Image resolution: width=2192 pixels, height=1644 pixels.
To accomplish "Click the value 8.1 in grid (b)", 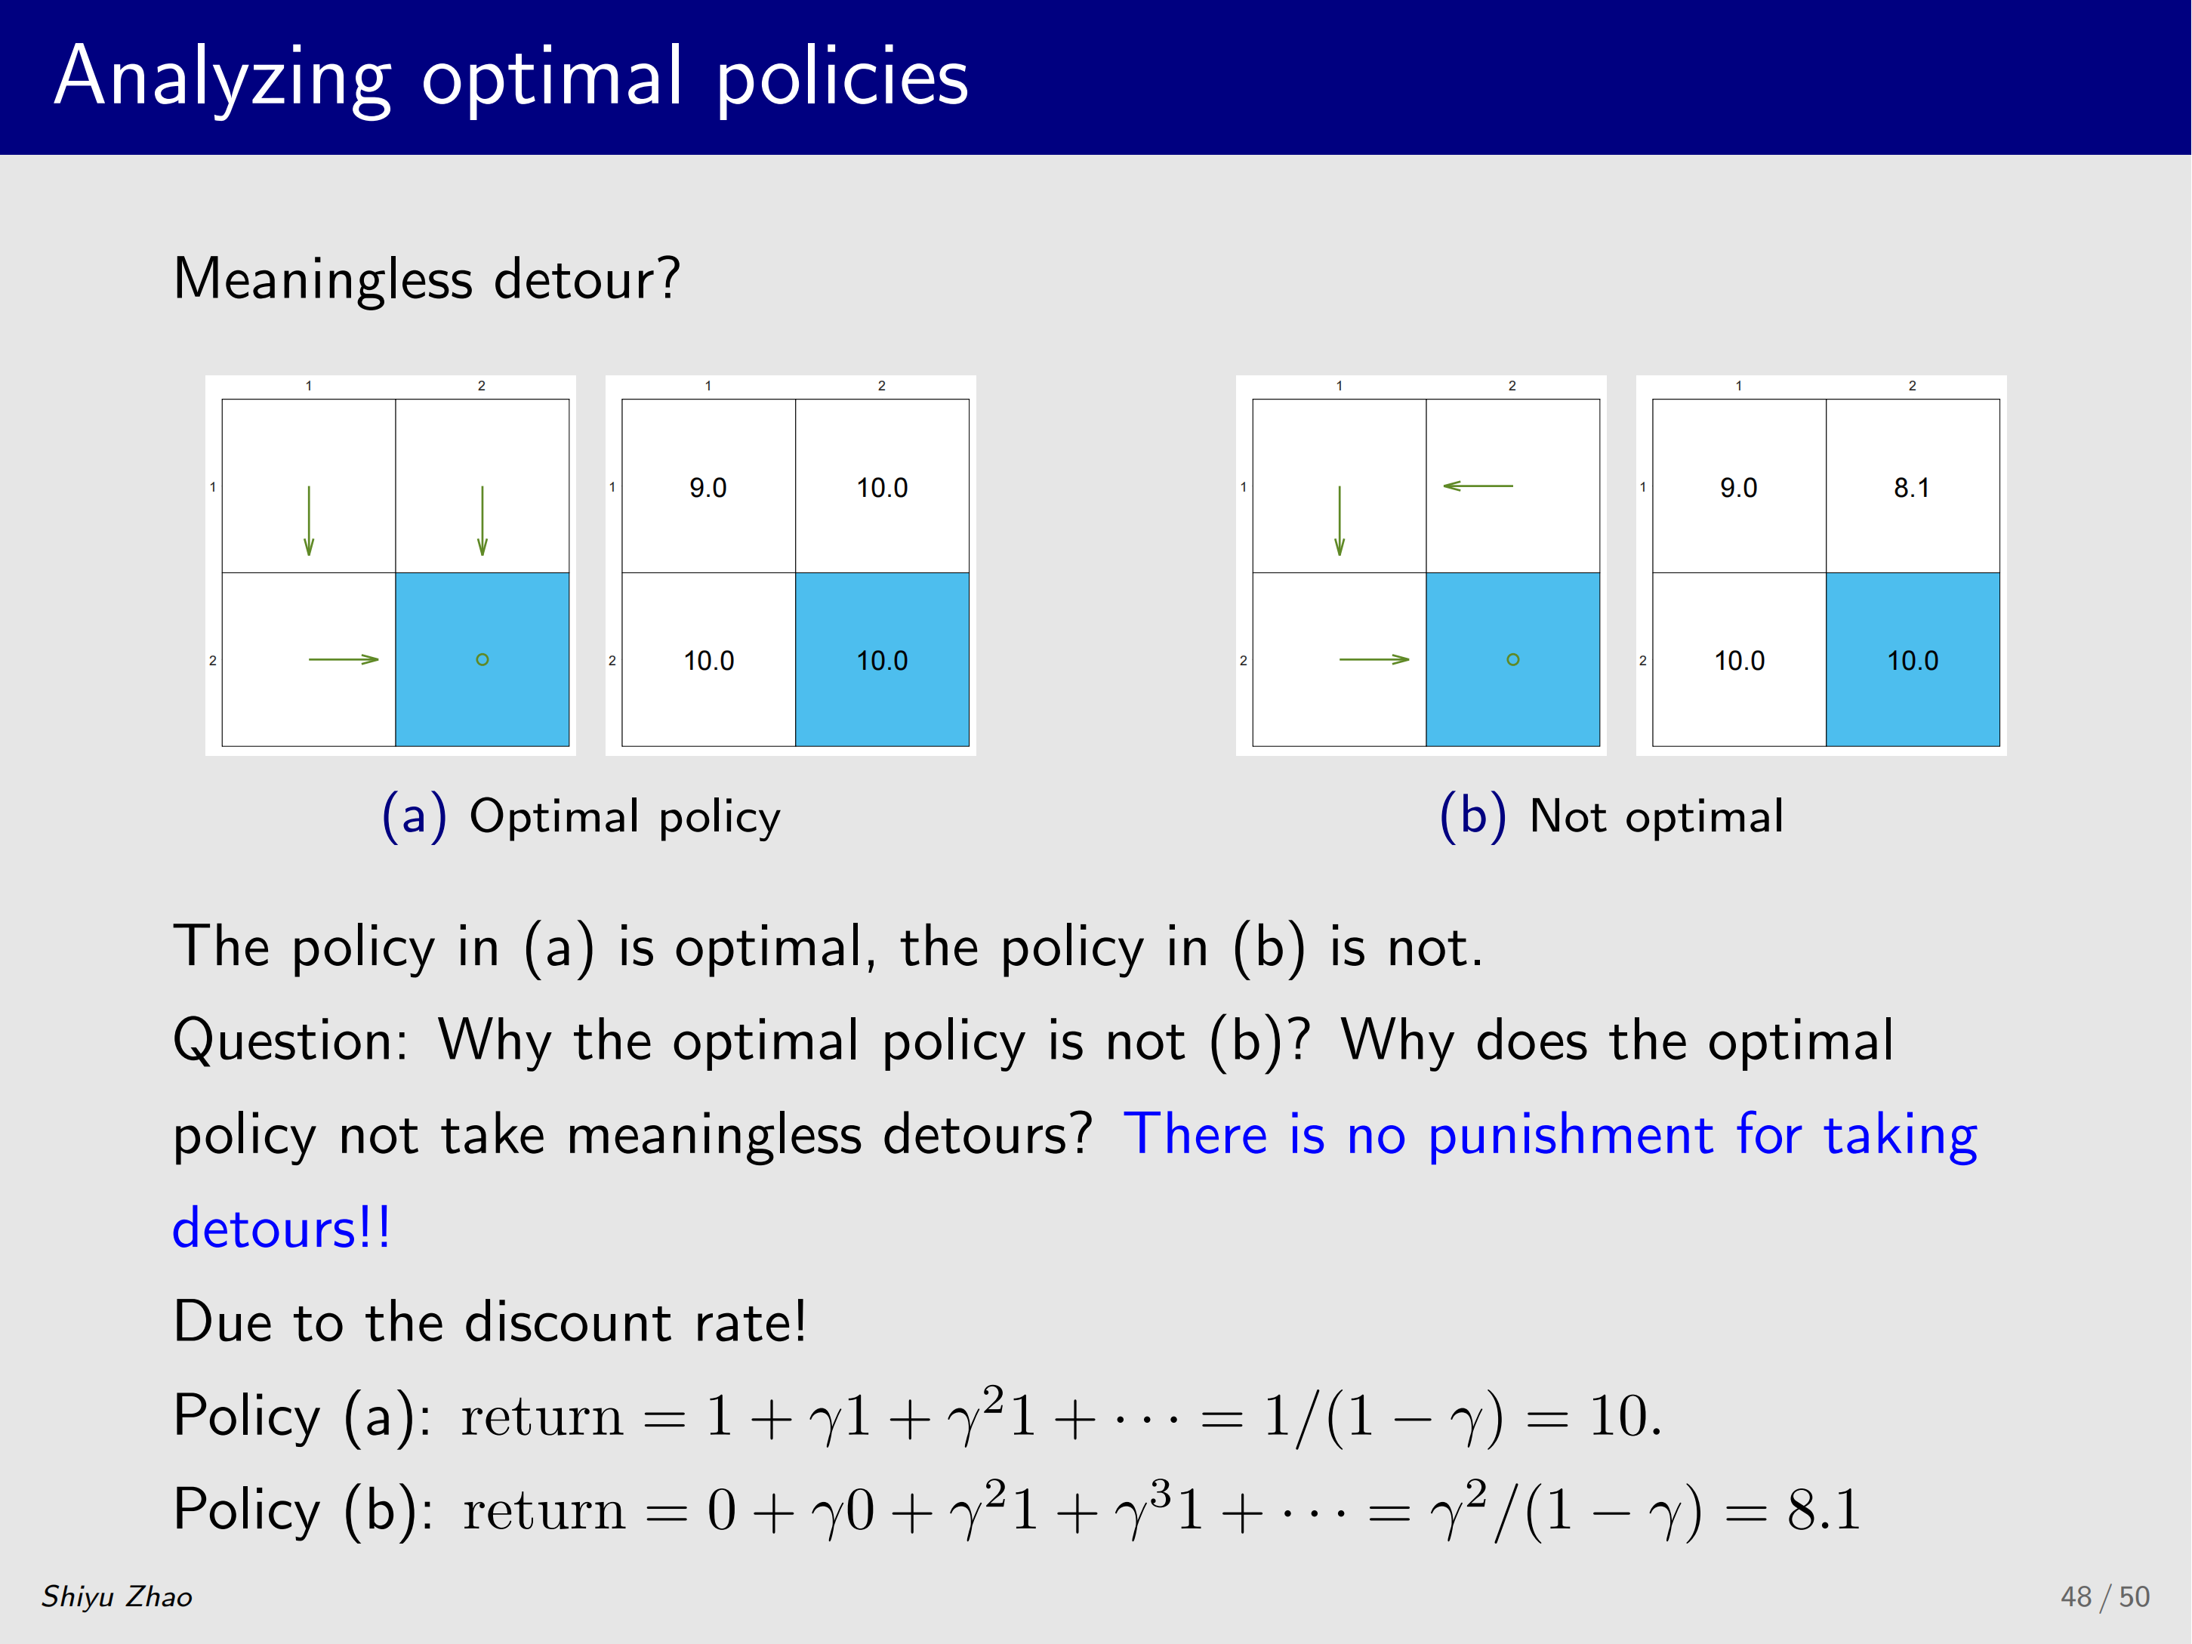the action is click(1912, 488).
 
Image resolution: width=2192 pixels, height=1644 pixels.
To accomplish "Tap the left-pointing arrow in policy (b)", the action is click(1478, 486).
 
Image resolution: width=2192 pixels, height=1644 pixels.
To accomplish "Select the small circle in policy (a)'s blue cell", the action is click(482, 659).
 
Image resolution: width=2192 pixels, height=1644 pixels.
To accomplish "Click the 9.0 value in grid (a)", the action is click(708, 488).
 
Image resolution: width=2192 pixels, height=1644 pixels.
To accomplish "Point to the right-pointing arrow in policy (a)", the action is click(344, 659).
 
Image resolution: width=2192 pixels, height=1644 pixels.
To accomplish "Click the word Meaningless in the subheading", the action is click(323, 279).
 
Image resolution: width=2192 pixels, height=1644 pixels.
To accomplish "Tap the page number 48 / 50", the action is click(2105, 1596).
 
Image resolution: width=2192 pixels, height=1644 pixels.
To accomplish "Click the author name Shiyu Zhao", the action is click(117, 1596).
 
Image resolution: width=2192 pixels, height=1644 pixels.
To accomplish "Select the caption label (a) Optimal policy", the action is click(581, 816).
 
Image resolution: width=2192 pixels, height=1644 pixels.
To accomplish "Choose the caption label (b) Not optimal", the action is click(1611, 816).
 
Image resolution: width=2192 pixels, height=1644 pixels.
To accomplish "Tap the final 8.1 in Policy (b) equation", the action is click(1824, 1510).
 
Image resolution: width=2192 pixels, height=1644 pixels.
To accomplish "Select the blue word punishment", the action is click(1571, 1135).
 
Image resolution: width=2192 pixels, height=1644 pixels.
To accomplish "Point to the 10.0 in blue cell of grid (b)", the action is click(1913, 661).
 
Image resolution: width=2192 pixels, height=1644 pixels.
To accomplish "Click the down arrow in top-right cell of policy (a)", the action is click(482, 520).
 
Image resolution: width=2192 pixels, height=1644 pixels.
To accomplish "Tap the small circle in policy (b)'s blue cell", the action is click(1513, 659).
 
